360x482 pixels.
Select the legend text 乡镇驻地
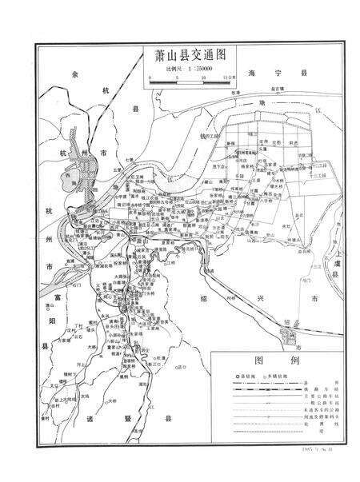[x=290, y=376]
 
